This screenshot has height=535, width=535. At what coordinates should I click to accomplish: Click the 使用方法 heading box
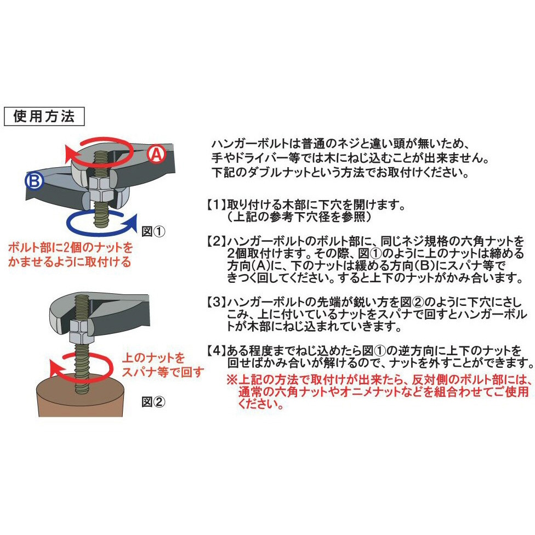pyautogui.click(x=44, y=116)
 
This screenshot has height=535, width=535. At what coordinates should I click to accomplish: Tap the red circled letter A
pyautogui.click(x=157, y=155)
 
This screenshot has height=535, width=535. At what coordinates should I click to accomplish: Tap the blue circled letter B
pyautogui.click(x=35, y=181)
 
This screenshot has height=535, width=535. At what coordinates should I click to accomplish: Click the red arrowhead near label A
pyautogui.click(x=71, y=153)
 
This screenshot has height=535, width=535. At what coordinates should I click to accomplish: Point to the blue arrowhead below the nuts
pyautogui.click(x=130, y=223)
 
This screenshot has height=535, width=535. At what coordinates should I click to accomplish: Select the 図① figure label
pyautogui.click(x=153, y=232)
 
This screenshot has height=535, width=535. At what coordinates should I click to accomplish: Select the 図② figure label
pyautogui.click(x=153, y=402)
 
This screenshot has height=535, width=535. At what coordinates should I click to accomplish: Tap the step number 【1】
pyautogui.click(x=217, y=204)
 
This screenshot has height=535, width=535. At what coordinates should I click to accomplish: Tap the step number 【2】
pyautogui.click(x=217, y=241)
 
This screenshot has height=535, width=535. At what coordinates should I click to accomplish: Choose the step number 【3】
pyautogui.click(x=217, y=302)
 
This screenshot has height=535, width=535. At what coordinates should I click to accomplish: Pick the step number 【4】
pyautogui.click(x=217, y=350)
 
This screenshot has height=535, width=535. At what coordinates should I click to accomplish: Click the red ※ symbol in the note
pyautogui.click(x=232, y=379)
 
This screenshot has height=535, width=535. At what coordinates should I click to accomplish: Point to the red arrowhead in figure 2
pyautogui.click(x=55, y=368)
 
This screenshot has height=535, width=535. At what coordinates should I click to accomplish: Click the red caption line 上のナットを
pyautogui.click(x=153, y=358)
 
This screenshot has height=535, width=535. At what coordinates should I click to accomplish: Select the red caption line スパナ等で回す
pyautogui.click(x=163, y=372)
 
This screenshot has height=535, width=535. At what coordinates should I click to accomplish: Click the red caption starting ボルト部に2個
pyautogui.click(x=70, y=254)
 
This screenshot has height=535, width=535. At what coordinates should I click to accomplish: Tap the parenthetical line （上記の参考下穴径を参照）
pyautogui.click(x=299, y=217)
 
